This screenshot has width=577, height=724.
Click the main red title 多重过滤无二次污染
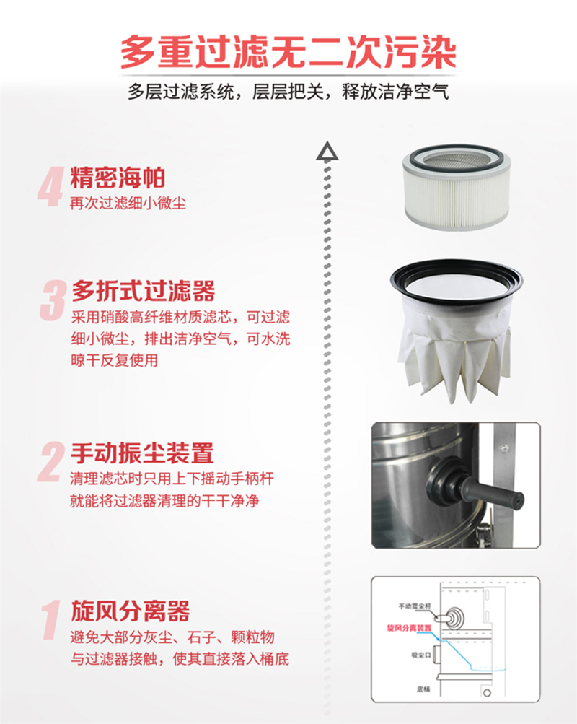[288, 52]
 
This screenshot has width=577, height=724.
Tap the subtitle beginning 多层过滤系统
[288, 93]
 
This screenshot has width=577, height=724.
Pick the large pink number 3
[53, 301]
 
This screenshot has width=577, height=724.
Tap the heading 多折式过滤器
[144, 292]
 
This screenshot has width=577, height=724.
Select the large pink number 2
[51, 463]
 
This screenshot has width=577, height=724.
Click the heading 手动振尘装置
[142, 454]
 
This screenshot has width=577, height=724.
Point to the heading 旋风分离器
[131, 612]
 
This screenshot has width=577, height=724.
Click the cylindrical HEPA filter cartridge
[455, 186]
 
